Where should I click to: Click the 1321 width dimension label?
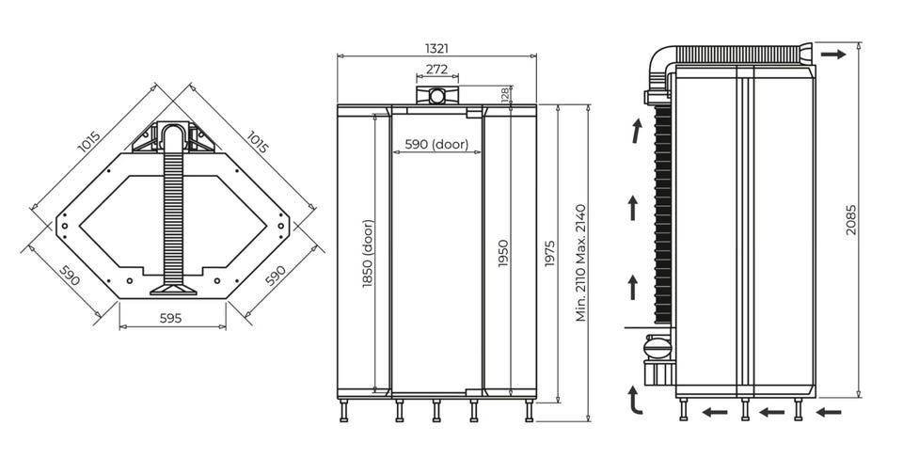point(436,48)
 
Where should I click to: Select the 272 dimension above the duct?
point(436,70)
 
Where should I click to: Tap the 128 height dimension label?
point(505,95)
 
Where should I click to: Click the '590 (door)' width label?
point(436,144)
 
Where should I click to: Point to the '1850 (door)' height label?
point(368,254)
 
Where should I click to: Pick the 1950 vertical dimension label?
point(503,253)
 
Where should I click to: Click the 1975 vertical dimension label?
point(549,253)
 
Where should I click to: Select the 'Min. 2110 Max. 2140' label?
point(580,262)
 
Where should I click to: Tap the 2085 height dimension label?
point(851,219)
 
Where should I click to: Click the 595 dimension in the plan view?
point(171,318)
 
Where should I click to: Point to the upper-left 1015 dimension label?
point(89,142)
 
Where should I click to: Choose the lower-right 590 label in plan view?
point(276,276)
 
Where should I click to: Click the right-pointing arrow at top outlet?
point(833,55)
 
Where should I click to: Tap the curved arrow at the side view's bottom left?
point(634,401)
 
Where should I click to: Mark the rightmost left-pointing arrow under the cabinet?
point(829,412)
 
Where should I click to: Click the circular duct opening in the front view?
point(437,96)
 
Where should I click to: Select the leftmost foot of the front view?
point(344,411)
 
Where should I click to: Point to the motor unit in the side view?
point(657,348)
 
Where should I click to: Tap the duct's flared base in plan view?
point(173,288)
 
